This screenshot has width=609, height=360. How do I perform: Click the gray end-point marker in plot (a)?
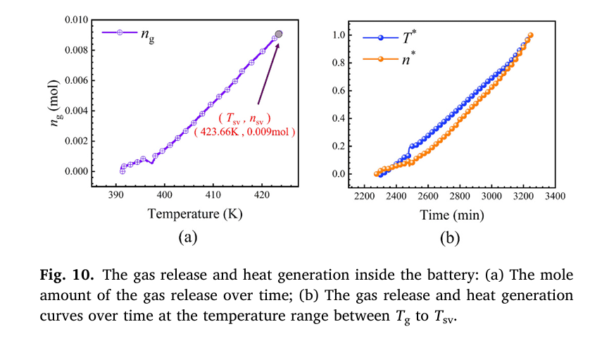coord(279,34)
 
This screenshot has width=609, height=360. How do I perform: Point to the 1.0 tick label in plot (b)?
coord(339,35)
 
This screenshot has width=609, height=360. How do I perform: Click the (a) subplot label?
coord(186,237)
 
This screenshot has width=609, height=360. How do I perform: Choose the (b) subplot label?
coord(451,237)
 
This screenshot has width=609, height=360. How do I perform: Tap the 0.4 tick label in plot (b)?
coord(339,118)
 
